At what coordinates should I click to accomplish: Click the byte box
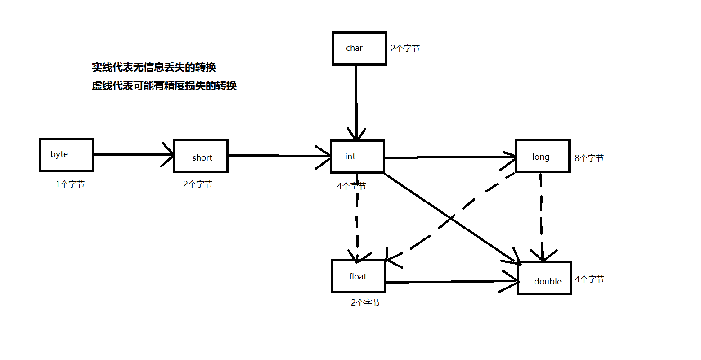(x=66, y=155)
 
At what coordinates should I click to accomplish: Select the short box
(x=201, y=156)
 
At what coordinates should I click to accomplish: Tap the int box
(x=357, y=157)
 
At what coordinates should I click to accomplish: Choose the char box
(x=359, y=49)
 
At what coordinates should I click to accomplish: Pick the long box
(x=543, y=156)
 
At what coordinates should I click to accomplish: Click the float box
(x=359, y=276)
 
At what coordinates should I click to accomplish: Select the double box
(x=544, y=279)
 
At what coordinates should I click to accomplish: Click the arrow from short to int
(x=279, y=156)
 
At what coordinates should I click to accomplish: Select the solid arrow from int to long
(x=450, y=157)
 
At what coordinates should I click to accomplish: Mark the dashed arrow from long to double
(x=541, y=216)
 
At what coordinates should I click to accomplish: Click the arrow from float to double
(x=450, y=282)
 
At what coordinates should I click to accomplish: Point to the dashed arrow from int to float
(x=357, y=220)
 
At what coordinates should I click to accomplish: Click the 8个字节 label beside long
(x=589, y=158)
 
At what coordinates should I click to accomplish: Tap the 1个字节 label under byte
(x=70, y=184)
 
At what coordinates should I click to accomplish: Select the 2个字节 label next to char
(x=405, y=49)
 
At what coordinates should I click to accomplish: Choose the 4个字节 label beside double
(x=589, y=279)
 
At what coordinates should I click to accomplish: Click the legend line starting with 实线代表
(x=154, y=67)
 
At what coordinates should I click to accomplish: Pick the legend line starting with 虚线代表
(x=164, y=86)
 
